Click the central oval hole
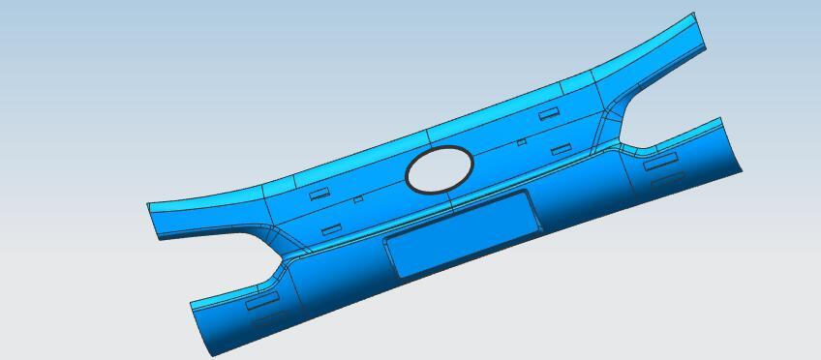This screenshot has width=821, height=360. click(x=440, y=168)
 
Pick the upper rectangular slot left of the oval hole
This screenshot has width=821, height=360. click(x=319, y=194)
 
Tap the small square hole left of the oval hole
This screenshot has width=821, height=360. click(x=358, y=199)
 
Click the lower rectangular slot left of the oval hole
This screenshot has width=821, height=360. click(x=331, y=229)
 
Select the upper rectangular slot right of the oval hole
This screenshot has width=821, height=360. click(x=549, y=113)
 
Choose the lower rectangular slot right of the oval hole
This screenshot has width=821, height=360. click(x=561, y=150)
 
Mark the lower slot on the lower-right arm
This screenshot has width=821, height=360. click(x=665, y=180)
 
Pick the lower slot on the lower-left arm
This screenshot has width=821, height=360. click(x=268, y=317)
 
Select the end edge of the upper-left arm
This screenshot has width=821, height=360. click(x=152, y=222)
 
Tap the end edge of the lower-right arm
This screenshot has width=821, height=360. click(x=732, y=145)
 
